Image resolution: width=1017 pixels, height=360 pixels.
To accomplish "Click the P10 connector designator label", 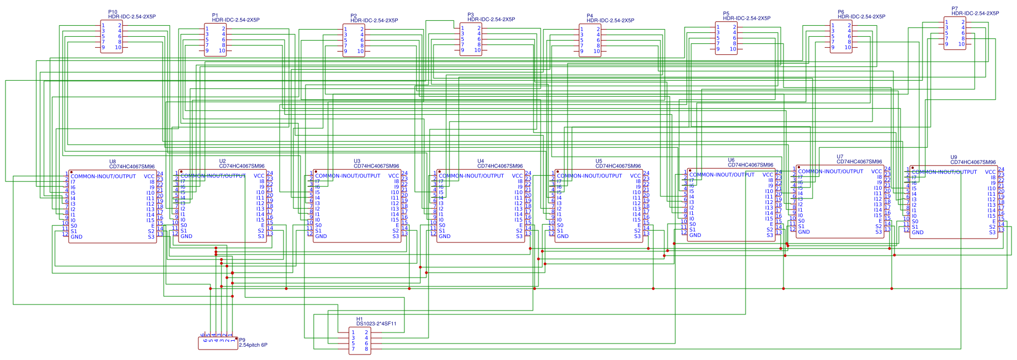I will (113, 12).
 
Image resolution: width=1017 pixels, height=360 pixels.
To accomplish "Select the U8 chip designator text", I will (113, 162).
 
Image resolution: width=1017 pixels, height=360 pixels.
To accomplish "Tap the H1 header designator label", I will (359, 319).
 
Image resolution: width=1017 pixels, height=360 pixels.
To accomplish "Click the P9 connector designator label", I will (242, 340).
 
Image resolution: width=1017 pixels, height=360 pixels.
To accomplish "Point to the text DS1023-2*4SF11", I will (376, 324).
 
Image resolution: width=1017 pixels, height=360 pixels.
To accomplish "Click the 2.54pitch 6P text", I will (253, 345).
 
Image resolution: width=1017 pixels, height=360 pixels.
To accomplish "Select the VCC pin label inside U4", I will (518, 176).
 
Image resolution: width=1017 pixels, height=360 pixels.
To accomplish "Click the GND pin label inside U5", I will (563, 236).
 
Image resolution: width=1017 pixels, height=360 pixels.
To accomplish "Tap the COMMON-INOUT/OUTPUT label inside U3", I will (348, 176).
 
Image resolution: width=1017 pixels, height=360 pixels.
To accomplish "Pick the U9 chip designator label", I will (954, 157).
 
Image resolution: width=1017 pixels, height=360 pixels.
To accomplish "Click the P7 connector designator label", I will (955, 8).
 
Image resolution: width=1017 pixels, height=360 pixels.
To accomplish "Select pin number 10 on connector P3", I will (477, 50).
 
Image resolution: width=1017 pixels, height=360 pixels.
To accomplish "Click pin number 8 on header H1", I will (366, 348).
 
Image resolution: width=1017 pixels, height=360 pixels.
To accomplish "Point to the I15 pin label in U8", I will (151, 220).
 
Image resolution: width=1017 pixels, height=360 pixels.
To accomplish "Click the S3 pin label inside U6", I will (770, 235).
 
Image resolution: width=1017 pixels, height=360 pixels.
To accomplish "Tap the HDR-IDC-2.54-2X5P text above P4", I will (610, 20).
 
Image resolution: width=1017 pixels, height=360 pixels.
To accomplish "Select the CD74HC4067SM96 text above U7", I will (859, 162).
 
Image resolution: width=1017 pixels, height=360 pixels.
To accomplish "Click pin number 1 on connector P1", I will (207, 29).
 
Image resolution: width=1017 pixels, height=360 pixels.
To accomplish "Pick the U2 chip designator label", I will (223, 162).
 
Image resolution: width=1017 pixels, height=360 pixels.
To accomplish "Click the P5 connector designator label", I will (726, 14).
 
